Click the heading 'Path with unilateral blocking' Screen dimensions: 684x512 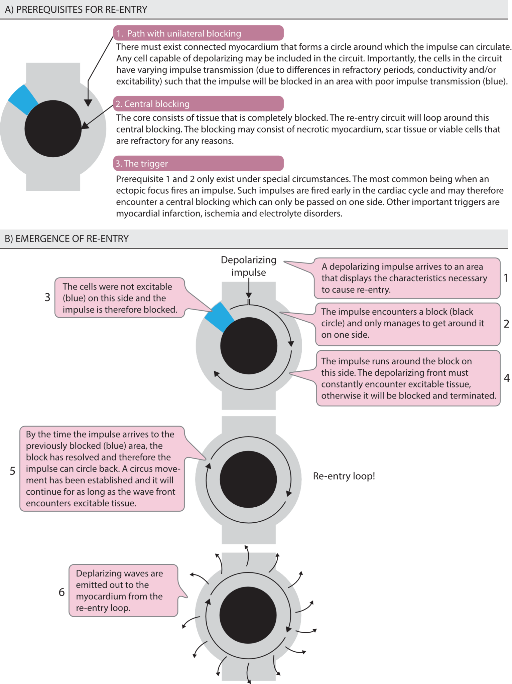[184, 33]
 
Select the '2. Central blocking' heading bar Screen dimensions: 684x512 [198, 104]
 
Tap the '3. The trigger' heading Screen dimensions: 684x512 [198, 163]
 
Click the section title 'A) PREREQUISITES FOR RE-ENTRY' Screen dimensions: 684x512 [76, 9]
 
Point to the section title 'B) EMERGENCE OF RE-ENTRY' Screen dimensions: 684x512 [67, 238]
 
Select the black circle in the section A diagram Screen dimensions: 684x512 [53, 129]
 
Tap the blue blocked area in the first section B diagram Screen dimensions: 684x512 [219, 317]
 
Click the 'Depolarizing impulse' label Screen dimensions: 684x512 [248, 266]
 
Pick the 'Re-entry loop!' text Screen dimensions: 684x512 [344, 476]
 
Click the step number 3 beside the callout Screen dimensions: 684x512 [47, 297]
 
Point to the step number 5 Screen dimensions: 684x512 [12, 471]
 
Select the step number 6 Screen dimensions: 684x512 [61, 592]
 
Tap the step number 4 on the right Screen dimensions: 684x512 [507, 378]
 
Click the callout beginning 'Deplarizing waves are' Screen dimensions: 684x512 [123, 590]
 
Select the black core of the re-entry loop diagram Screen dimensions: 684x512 [248, 479]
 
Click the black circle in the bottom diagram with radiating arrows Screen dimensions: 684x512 [248, 615]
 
